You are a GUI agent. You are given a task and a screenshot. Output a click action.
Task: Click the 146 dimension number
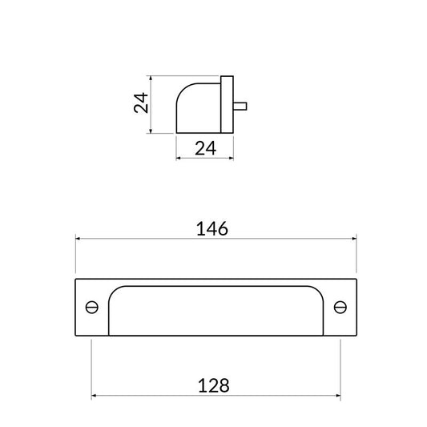pyautogui.click(x=212, y=229)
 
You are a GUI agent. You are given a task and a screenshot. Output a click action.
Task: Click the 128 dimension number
pyautogui.click(x=213, y=385)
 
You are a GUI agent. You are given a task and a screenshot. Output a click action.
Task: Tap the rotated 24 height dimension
pyautogui.click(x=141, y=103)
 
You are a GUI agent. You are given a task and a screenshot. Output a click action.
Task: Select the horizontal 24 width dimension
pyautogui.click(x=206, y=148)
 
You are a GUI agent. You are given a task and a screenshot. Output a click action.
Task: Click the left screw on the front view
pyautogui.click(x=92, y=307)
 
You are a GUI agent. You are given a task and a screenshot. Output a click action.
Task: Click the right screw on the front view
pyautogui.click(x=340, y=307)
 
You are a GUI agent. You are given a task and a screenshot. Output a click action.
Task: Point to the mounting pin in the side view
pyautogui.click(x=240, y=107)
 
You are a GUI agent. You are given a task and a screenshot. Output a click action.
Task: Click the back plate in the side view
pyautogui.click(x=227, y=105)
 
